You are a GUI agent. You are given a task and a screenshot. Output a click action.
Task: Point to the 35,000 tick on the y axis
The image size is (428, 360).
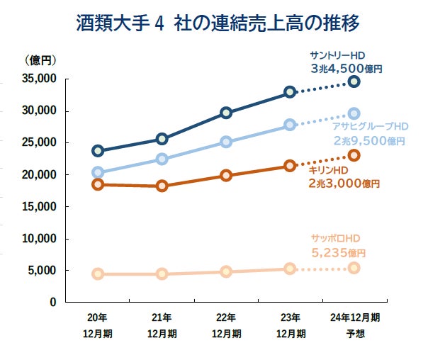coord(40,79)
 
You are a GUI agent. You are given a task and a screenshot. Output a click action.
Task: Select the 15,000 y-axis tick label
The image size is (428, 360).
coord(40,206)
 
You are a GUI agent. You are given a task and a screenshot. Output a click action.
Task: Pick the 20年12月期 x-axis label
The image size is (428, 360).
coord(98,325)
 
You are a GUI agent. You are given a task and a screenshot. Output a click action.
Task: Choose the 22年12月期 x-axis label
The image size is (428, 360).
coord(226,325)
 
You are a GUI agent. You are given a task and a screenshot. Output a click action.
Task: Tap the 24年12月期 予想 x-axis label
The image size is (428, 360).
coord(354,325)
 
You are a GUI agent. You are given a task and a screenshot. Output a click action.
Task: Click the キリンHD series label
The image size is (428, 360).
coord(327,170)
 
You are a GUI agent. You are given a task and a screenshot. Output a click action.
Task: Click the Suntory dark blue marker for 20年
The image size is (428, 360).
coord(98,151)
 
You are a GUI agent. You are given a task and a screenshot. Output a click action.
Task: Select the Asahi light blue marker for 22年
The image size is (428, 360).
coord(226,142)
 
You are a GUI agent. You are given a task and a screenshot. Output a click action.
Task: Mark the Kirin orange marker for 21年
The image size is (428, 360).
coord(162,186)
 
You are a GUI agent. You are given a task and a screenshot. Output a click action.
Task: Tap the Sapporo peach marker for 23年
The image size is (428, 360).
coord(290,269)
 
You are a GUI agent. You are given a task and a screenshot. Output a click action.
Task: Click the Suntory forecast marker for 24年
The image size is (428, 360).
coord(354,81)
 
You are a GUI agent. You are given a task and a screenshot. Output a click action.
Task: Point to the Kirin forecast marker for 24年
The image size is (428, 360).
coord(354,155)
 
